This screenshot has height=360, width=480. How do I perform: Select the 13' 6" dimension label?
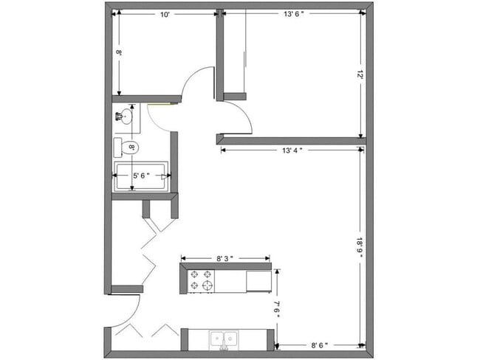click(x=292, y=14)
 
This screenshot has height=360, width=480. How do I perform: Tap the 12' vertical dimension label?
click(x=360, y=75)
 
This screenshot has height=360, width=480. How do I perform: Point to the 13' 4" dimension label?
click(x=292, y=150)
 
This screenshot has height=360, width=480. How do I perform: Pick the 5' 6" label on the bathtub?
click(x=141, y=176)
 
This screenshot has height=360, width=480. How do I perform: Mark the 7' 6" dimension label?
click(x=276, y=308)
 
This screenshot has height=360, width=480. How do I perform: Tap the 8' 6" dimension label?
click(x=319, y=345)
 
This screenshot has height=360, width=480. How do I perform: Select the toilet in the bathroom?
click(x=126, y=148)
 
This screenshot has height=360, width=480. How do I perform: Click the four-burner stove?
click(x=202, y=280)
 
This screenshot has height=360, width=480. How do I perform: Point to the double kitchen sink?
click(x=224, y=339)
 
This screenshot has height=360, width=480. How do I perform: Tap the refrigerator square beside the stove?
click(x=258, y=280)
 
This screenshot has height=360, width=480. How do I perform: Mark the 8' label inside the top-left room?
click(x=118, y=53)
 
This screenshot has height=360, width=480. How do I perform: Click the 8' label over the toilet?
click(x=132, y=148)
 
